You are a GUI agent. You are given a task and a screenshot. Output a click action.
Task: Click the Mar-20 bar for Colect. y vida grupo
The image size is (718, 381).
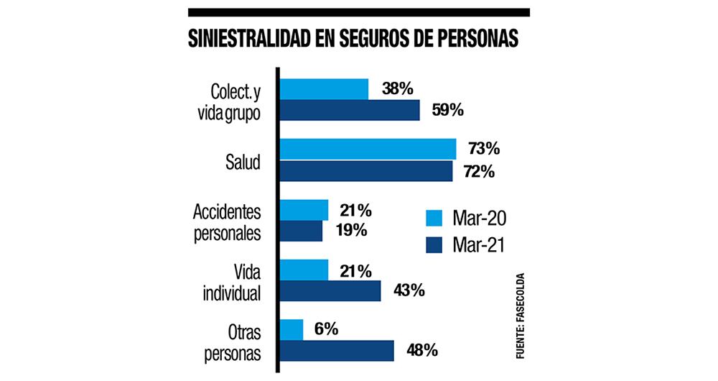(x=324, y=89)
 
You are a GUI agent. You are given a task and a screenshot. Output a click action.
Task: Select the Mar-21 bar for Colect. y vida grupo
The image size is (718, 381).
(x=350, y=111)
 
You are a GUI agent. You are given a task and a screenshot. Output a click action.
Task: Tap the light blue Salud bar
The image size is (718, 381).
(x=368, y=149)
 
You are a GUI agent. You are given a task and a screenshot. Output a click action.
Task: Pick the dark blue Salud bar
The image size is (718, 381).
(x=366, y=171)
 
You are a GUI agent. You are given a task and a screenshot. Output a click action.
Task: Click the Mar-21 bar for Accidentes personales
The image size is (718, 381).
(x=301, y=231)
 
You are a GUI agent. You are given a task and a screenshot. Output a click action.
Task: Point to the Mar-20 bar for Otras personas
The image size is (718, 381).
(x=292, y=330)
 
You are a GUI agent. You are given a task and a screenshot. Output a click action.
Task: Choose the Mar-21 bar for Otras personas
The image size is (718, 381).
(x=337, y=351)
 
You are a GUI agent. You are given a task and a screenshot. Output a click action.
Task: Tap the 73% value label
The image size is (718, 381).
(x=482, y=150)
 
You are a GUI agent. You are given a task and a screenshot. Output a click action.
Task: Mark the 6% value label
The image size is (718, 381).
(x=326, y=330)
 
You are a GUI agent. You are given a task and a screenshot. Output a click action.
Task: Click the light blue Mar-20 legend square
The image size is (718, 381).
(x=434, y=218)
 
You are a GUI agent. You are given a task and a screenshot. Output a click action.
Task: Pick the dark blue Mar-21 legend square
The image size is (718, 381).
(x=434, y=244)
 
